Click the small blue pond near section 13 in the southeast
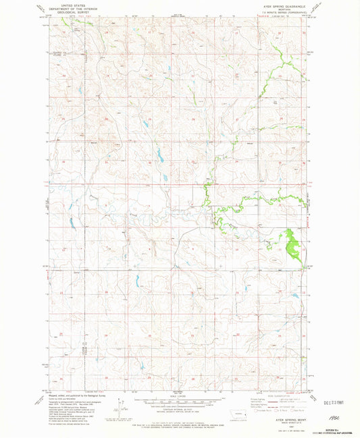295,295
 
